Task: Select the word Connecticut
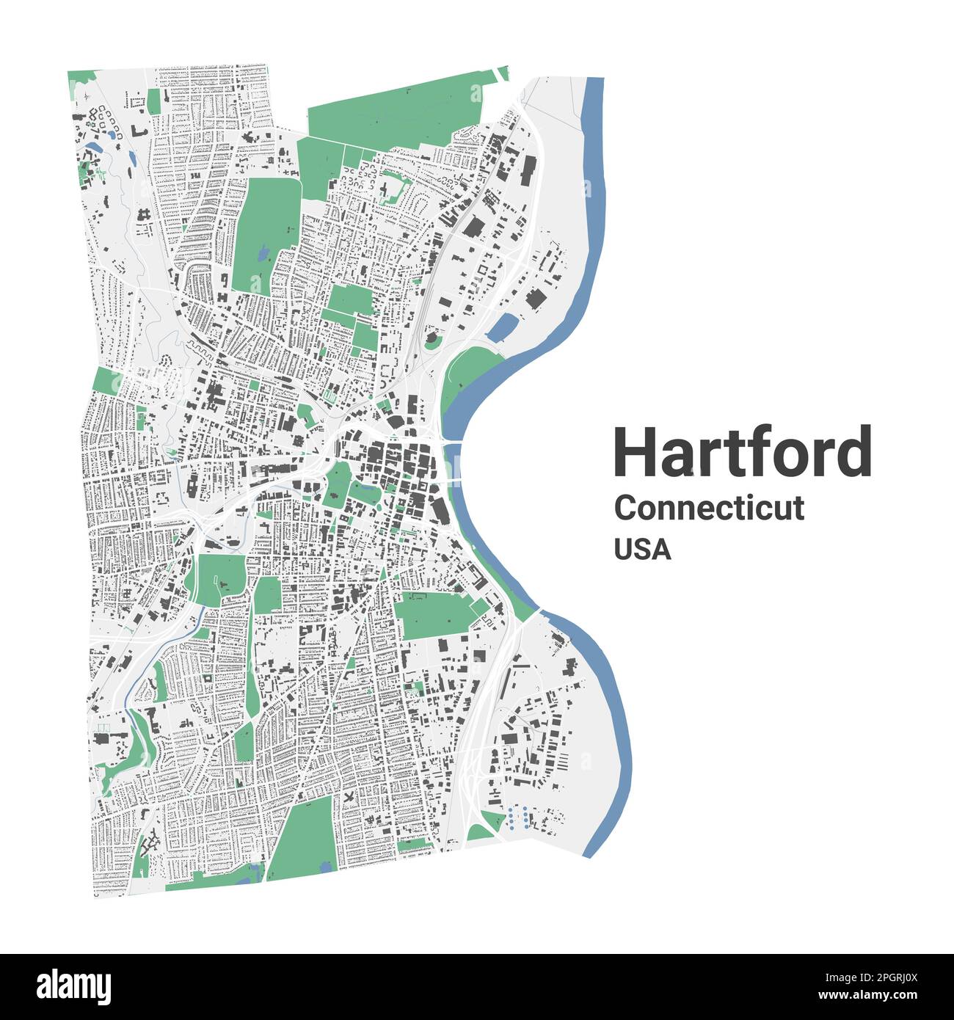click(x=709, y=508)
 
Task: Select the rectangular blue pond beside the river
click(x=503, y=327)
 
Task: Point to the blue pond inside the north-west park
click(x=262, y=255)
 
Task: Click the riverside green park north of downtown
click(x=470, y=371)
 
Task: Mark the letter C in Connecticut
click(x=625, y=508)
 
